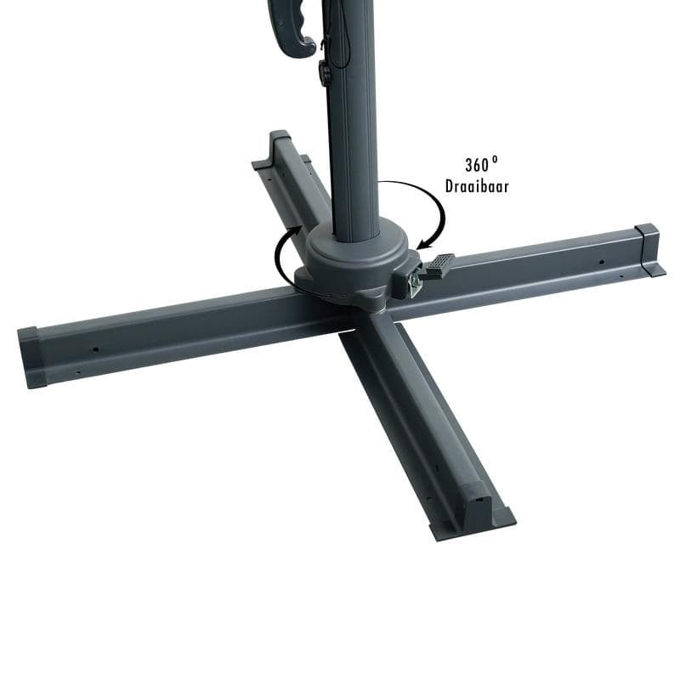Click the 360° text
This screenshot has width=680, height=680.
(x=481, y=165)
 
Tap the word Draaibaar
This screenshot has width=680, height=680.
(x=477, y=186)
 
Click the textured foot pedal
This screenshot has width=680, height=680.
(x=439, y=265)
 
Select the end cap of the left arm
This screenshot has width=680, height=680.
(x=31, y=358)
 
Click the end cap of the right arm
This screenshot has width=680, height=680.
(x=649, y=250)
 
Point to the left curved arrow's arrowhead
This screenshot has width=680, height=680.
(x=296, y=230)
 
